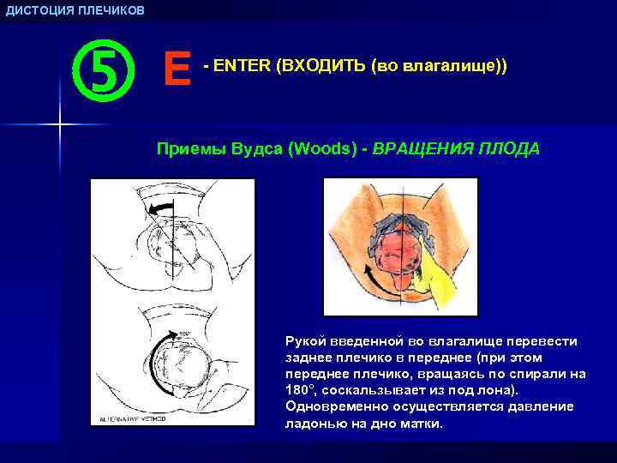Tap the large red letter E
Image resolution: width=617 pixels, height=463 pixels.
tap(177, 68)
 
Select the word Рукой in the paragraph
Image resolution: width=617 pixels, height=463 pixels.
tap(304, 341)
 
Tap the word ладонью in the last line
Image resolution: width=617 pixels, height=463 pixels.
tap(309, 423)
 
